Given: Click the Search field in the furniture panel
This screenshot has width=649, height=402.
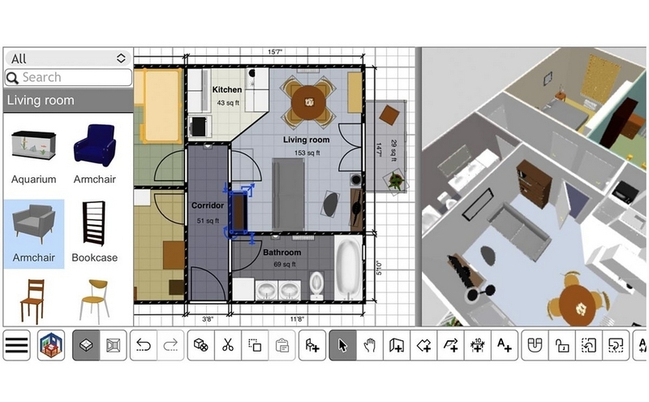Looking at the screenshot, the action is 68,77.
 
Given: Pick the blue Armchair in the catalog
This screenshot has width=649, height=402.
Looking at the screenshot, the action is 94,154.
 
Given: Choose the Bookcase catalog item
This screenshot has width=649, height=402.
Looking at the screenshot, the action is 94,232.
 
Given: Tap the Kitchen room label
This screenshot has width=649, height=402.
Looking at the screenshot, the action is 227,89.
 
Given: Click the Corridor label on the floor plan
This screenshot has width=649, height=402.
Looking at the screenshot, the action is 208,205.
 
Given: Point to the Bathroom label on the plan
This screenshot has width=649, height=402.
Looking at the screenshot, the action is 282,253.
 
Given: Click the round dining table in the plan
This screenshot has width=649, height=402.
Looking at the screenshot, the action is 308,102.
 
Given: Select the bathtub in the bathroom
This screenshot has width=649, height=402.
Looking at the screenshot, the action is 348,267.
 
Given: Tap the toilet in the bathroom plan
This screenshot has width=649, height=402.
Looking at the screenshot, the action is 316,285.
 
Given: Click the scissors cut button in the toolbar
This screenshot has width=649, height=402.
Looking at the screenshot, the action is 227,345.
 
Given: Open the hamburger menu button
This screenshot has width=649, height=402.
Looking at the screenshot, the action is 16,345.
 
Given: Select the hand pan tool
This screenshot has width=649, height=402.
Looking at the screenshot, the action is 369,345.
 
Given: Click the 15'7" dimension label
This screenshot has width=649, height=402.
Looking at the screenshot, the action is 274,52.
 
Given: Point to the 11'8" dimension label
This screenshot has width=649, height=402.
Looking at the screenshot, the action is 297,319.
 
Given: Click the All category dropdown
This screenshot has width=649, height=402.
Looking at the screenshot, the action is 68,58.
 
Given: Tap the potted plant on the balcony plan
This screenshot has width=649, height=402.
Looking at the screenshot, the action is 395,181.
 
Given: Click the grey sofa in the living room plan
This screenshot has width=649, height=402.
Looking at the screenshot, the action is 289,194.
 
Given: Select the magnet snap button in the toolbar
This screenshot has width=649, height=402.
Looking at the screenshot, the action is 535,345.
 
